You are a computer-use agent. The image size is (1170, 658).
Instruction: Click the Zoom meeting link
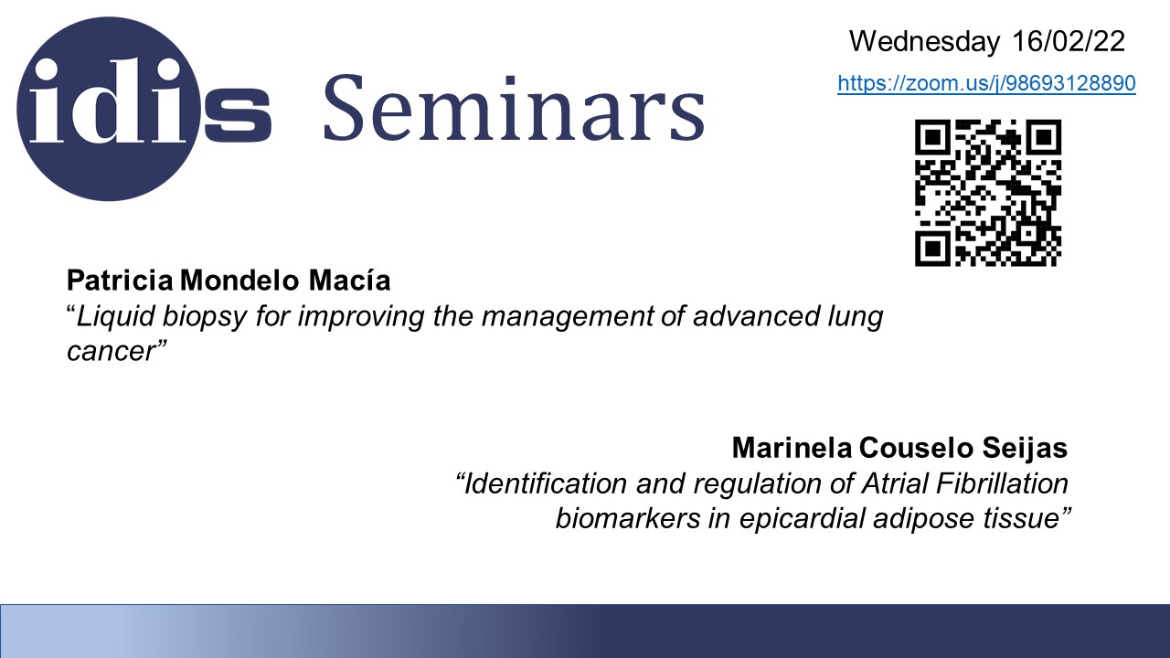point(986,83)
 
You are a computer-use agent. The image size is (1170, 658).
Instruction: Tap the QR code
point(988,193)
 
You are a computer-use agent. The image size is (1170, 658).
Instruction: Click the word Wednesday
point(924,41)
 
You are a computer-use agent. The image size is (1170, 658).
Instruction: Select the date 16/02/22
point(1069,41)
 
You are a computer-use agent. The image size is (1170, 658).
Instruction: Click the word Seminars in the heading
point(514,109)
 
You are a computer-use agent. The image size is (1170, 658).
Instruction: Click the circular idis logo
point(109,109)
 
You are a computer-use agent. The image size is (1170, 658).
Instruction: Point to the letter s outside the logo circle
point(237,114)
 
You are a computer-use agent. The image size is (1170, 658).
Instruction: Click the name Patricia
point(120,280)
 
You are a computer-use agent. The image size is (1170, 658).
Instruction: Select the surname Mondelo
point(239,280)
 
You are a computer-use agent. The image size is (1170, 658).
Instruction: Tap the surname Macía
point(349,280)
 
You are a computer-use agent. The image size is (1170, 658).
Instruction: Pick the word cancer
point(112,351)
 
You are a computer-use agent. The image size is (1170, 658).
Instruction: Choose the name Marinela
point(792,448)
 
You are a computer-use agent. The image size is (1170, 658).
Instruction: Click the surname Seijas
point(1025,448)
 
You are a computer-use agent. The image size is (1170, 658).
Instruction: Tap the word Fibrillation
point(1002,483)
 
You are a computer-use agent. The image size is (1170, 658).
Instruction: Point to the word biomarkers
point(628,518)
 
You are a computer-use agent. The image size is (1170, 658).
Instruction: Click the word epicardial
point(802,519)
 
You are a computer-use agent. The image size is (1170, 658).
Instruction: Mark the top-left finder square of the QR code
point(932,137)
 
